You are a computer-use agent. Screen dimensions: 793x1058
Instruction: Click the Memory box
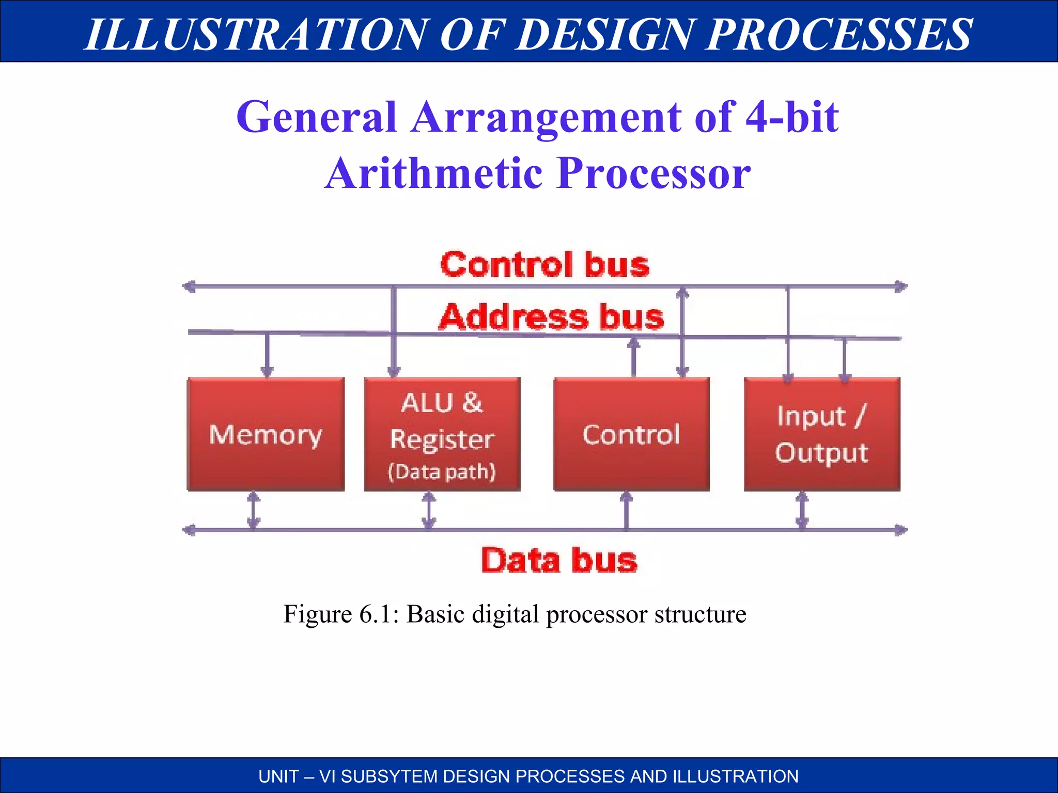(266, 434)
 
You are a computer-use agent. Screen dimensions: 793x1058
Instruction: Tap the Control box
(631, 434)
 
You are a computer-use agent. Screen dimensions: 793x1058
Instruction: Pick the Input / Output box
(822, 434)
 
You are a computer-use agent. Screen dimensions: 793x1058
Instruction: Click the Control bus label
(544, 265)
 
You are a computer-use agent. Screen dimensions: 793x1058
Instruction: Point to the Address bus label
(551, 316)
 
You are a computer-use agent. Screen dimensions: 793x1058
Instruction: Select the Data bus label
(559, 560)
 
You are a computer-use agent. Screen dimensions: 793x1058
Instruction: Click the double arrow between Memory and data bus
(253, 510)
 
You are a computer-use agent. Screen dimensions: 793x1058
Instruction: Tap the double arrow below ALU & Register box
(429, 510)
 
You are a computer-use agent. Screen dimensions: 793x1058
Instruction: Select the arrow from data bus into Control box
(626, 510)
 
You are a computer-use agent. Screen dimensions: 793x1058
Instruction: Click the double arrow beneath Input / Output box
(802, 510)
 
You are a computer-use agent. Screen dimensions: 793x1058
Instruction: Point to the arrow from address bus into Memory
(267, 355)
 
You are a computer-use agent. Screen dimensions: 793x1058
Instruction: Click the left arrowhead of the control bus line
(189, 286)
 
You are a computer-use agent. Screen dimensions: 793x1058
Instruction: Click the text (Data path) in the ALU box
(442, 471)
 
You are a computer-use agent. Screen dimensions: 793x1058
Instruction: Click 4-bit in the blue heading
(792, 117)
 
